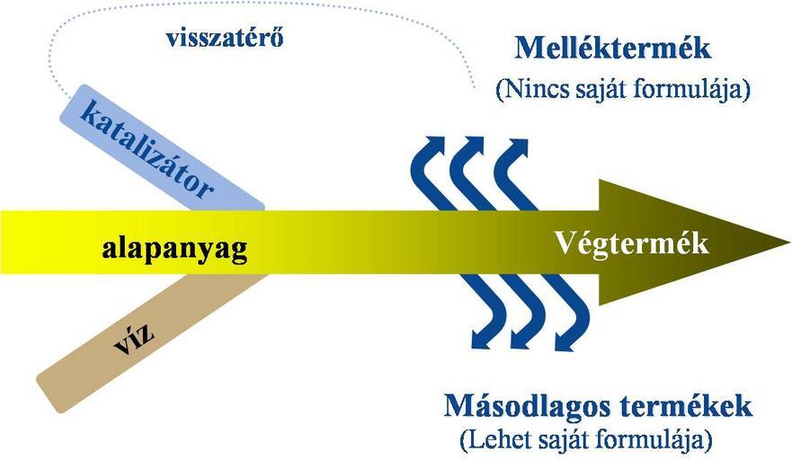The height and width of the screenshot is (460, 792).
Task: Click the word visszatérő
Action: pos(224,39)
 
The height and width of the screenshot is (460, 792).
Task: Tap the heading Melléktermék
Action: pos(613,49)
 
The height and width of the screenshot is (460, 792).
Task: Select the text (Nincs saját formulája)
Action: pos(623,90)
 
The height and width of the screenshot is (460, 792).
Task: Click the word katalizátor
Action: pos(146,150)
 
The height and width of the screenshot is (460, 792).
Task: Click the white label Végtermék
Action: pos(632,243)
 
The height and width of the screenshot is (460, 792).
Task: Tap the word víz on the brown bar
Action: pos(134,339)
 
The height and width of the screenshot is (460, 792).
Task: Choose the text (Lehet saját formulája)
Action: pos(586,440)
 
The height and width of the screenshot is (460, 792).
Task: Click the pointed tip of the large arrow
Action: pos(789,243)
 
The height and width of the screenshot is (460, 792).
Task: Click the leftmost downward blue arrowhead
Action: pos(483,340)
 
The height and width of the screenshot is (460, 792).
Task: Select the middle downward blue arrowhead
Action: pos(523,340)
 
